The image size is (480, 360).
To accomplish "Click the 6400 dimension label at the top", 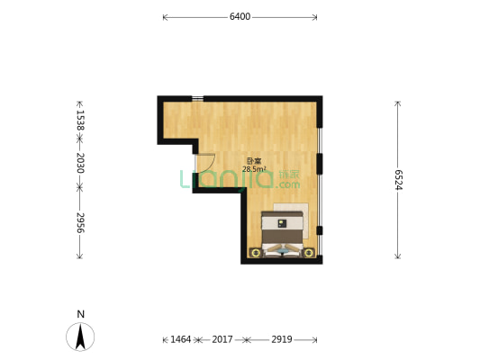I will click(x=240, y=16).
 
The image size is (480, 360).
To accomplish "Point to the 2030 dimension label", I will click(x=80, y=163).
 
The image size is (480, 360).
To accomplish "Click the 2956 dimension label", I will click(x=80, y=223).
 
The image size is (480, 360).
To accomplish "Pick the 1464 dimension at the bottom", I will click(x=181, y=339).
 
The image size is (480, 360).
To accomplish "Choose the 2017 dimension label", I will click(x=222, y=339).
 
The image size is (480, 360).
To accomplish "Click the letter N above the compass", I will click(x=80, y=313).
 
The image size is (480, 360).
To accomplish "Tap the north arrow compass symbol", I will click(x=80, y=337).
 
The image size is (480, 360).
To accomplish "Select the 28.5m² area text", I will click(x=254, y=169).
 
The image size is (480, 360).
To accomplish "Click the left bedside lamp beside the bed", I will click(x=256, y=253).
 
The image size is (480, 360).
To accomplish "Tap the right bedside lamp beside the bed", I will click(x=309, y=253).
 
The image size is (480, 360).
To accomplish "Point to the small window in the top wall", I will click(x=197, y=98).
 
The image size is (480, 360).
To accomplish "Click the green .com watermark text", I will click(x=288, y=184).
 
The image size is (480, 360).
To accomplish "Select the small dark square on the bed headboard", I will click(x=282, y=221).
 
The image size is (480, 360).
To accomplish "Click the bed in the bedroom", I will click(x=283, y=232).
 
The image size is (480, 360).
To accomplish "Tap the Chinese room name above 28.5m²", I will click(x=253, y=161).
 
